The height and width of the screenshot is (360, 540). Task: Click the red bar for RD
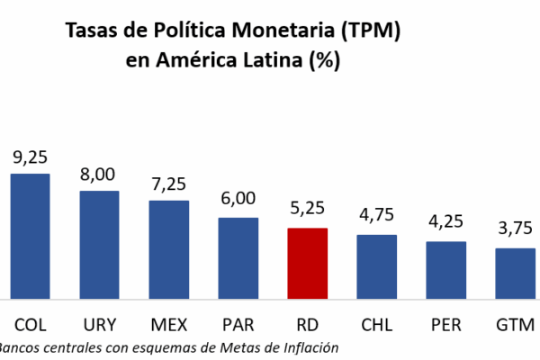[x=307, y=263]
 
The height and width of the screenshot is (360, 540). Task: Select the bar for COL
[x=30, y=236]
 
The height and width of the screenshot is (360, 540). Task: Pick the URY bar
[x=99, y=244]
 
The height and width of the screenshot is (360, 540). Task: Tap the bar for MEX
[x=168, y=249]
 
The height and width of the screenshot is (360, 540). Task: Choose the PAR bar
[x=238, y=257]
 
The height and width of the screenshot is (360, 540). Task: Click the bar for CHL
[x=376, y=266]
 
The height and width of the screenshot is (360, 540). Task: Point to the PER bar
[x=445, y=269]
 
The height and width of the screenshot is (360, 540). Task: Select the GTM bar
[x=515, y=273]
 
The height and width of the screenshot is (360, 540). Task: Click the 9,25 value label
[x=30, y=157]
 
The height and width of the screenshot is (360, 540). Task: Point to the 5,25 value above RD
[x=307, y=212]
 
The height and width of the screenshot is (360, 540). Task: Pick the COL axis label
[x=30, y=323]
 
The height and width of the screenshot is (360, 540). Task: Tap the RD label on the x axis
[x=307, y=323]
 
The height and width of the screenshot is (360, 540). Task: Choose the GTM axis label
[x=515, y=323]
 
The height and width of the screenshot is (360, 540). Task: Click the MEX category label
[x=168, y=323]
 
